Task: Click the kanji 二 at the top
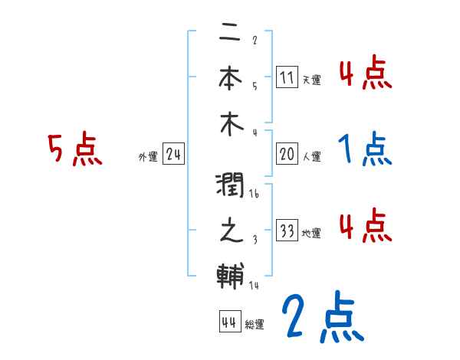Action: (229, 34)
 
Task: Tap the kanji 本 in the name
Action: (229, 78)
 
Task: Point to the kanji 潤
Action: (229, 186)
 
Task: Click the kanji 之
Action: (229, 231)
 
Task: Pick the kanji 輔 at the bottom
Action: (229, 274)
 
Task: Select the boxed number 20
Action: (287, 154)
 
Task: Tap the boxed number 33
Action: (287, 231)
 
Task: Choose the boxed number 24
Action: (173, 155)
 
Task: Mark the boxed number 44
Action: (228, 322)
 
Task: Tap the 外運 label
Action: (148, 157)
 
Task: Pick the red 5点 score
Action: (74, 150)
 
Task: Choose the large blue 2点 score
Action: (322, 316)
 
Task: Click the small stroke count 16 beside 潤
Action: (255, 195)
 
